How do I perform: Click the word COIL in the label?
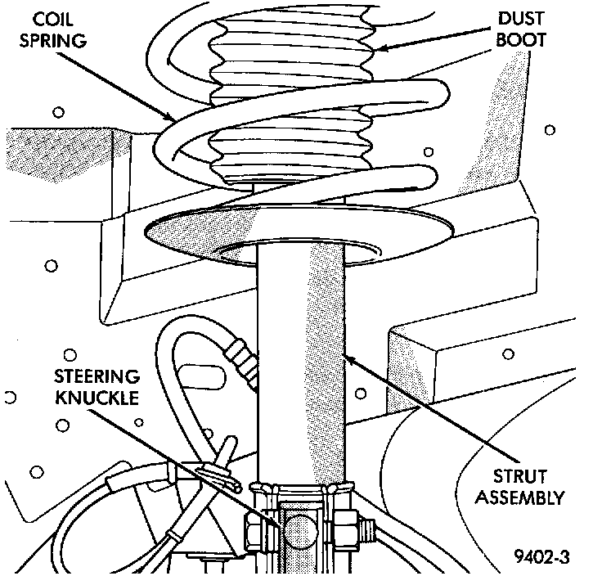coord(52,19)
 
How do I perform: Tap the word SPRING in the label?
coord(53,40)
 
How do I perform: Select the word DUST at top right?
coord(521,19)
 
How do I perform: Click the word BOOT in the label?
coord(520,39)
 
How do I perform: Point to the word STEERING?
coord(97,376)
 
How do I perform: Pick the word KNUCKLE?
coord(97,398)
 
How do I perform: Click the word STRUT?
coord(519,476)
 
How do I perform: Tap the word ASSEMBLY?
coord(519,498)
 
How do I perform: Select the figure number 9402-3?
coord(541,556)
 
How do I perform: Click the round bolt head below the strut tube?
coord(301,533)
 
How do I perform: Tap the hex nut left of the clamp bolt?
coord(254,532)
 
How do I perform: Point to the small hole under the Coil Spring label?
coord(58,113)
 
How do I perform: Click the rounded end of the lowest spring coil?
coord(431,177)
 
